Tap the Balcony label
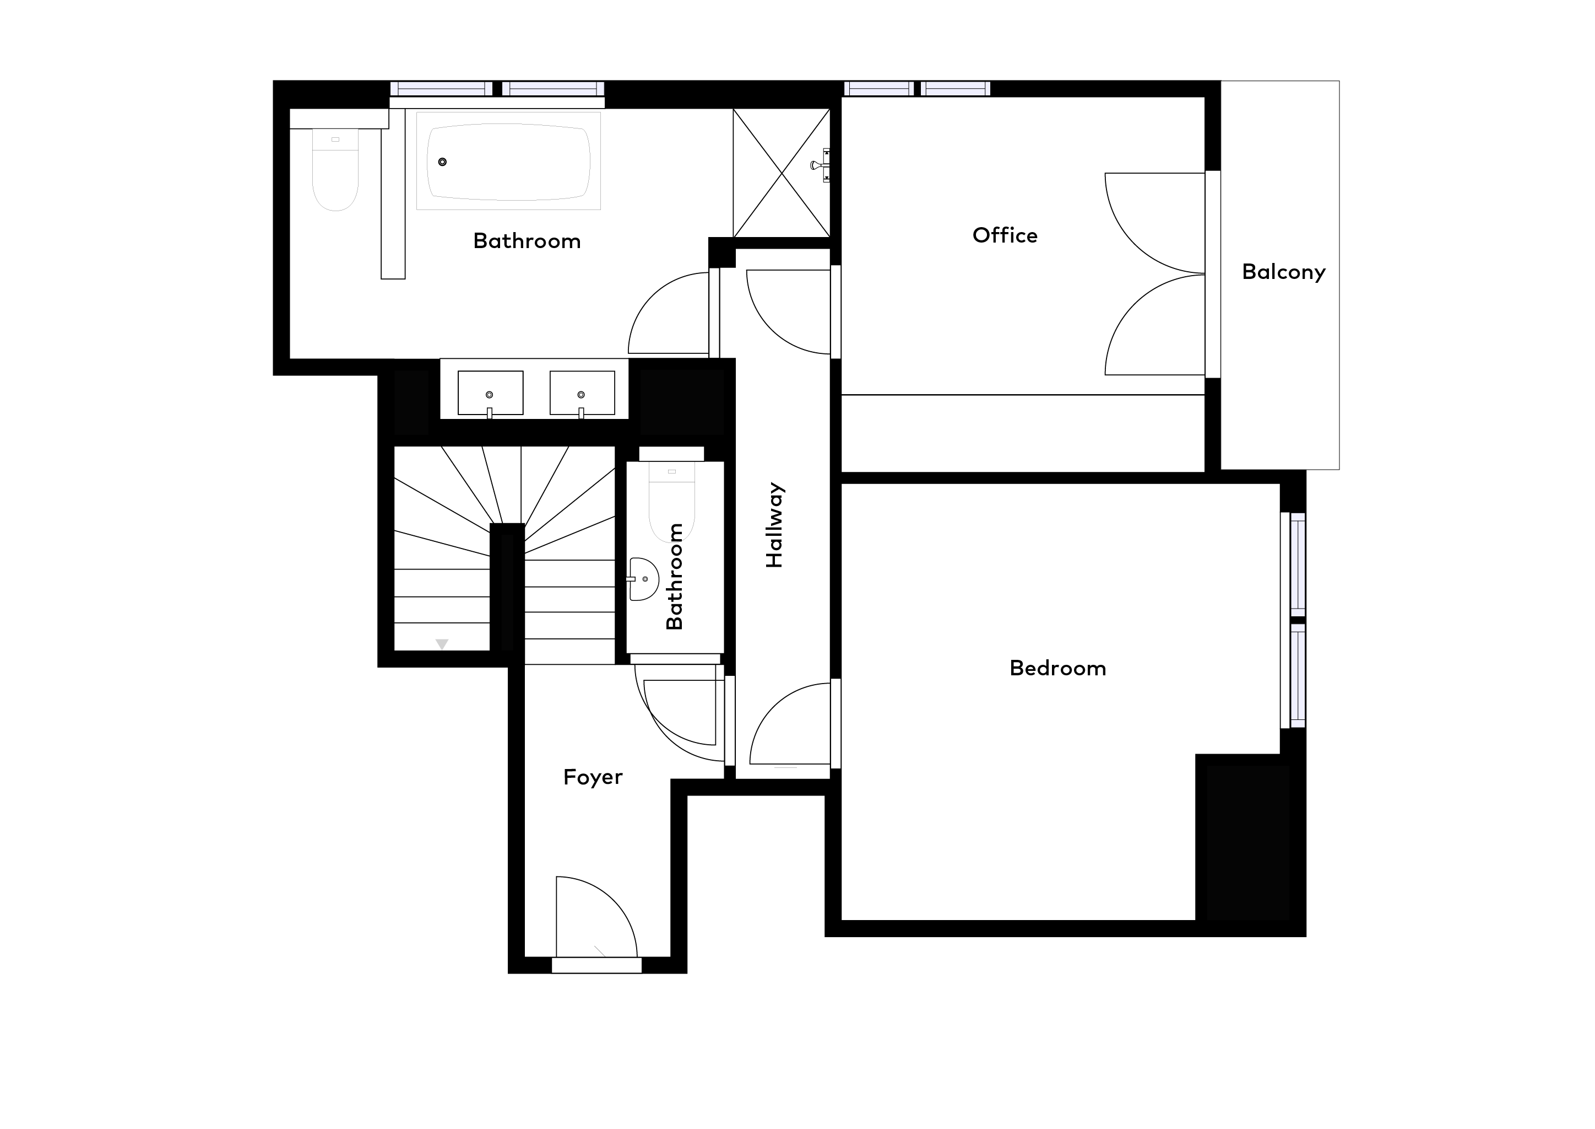coord(1283,271)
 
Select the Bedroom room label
coord(1057,668)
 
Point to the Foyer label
coord(593,777)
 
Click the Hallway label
coord(774,525)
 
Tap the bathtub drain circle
coord(442,162)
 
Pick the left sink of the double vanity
coord(490,394)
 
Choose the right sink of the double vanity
coord(582,394)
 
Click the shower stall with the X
coord(782,173)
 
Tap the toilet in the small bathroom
coord(672,501)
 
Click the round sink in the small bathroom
coord(644,578)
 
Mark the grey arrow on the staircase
coord(442,644)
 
